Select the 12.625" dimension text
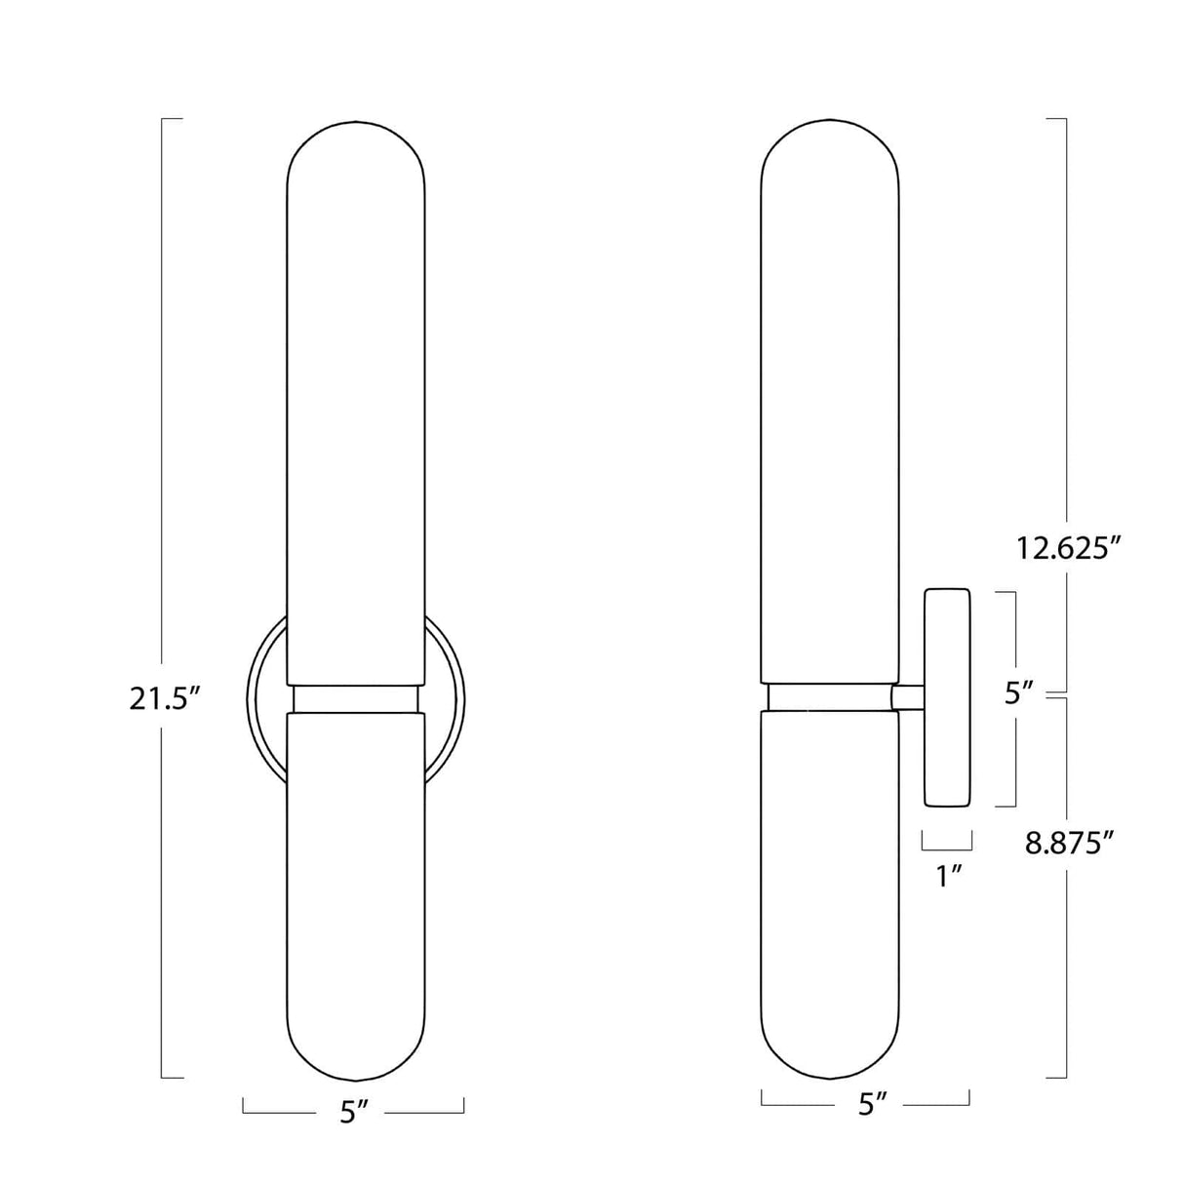1065,548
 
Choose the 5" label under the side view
873,1104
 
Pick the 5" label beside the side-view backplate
1018,693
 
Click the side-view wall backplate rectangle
947,697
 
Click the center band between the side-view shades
829,695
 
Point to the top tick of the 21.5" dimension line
172,119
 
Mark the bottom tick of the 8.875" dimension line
1055,1077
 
